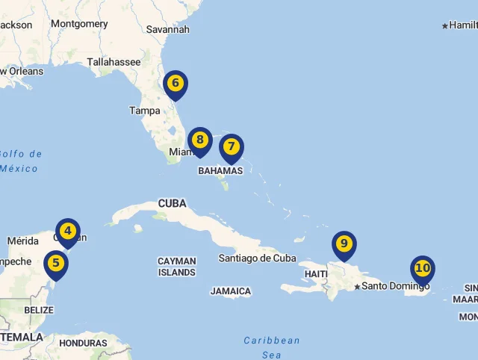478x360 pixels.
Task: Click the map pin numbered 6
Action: [x=175, y=84]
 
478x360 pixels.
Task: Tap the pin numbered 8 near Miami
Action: [x=199, y=140]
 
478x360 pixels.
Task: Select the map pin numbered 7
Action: [x=232, y=147]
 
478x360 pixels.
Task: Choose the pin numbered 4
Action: [x=68, y=232]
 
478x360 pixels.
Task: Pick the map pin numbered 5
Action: [x=56, y=264]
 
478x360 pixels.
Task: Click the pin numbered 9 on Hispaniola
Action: [x=344, y=244]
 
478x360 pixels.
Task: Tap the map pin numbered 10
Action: [x=422, y=268]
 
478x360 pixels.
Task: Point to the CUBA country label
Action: [x=172, y=203]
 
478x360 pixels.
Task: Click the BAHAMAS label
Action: [x=220, y=171]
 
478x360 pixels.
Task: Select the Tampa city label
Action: [x=144, y=111]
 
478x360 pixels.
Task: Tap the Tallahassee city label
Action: [x=114, y=62]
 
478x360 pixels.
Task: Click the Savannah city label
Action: [x=168, y=29]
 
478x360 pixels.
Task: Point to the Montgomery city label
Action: [x=79, y=24]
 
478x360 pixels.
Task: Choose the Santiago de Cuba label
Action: [x=257, y=258]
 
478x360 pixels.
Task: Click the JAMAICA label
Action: [x=231, y=291]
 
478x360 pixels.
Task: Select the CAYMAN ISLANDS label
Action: [x=177, y=267]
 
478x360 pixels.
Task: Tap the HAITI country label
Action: [x=316, y=274]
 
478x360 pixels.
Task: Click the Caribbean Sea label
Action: [x=272, y=347]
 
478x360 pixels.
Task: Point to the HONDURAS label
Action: [x=83, y=344]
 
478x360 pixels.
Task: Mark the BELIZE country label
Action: [x=39, y=310]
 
